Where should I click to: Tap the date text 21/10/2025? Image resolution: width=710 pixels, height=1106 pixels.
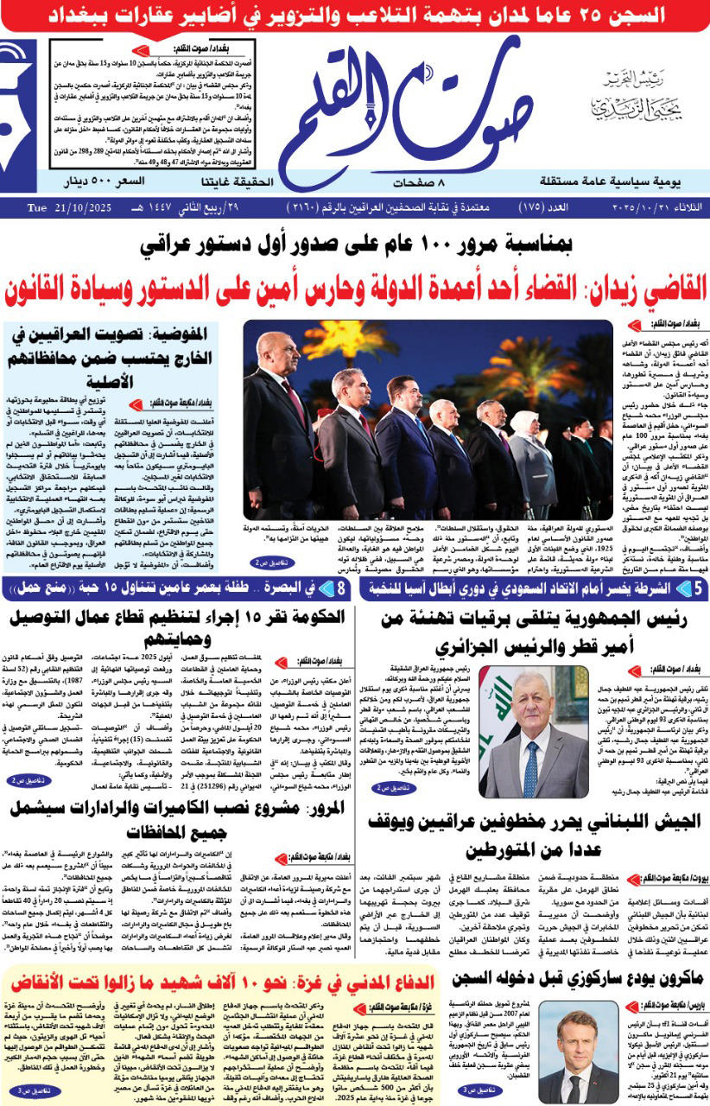pos(78,209)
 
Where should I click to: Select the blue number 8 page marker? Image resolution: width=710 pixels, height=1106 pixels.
pos(343,588)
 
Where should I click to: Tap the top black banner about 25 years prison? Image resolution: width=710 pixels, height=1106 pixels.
pos(355,15)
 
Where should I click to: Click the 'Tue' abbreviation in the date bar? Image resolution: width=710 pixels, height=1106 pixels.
pos(35,209)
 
